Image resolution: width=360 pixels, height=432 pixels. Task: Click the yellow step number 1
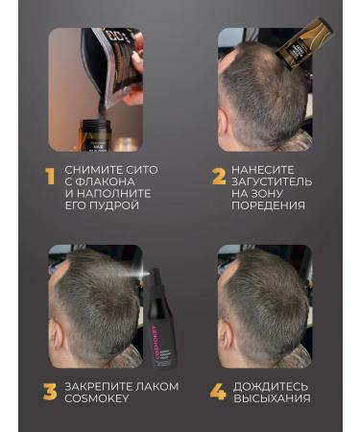pyautogui.click(x=47, y=177)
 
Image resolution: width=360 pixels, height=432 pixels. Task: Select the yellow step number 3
pyautogui.click(x=48, y=392)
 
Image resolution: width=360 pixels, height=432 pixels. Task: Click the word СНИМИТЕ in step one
pyautogui.click(x=96, y=170)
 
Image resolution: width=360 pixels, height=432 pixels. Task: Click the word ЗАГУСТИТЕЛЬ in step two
pyautogui.click(x=278, y=181)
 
